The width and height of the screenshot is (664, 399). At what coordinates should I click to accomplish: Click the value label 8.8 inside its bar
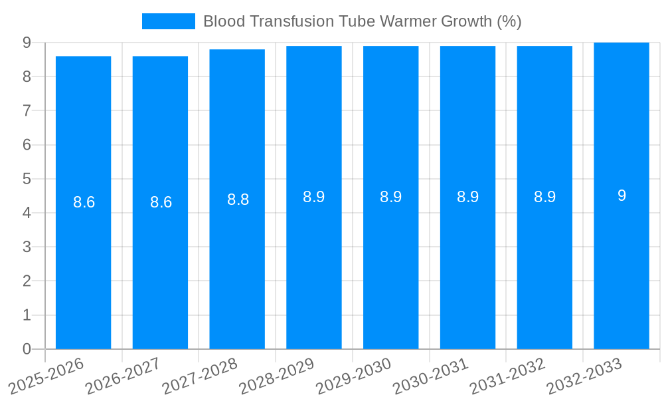click(238, 199)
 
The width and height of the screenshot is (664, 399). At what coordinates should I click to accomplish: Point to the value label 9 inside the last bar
click(622, 196)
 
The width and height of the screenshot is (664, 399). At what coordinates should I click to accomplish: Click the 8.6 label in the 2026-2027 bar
click(161, 202)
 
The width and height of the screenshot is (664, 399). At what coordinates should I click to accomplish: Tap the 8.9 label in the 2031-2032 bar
click(544, 197)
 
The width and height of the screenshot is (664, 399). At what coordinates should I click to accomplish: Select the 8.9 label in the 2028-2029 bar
click(313, 197)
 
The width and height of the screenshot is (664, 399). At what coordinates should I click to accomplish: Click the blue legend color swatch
click(169, 21)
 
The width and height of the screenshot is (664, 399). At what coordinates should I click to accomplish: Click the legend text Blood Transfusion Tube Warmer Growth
click(362, 21)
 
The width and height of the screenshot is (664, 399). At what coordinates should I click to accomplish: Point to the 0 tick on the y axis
click(27, 349)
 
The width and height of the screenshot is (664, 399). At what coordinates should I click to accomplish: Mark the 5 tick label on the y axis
click(27, 179)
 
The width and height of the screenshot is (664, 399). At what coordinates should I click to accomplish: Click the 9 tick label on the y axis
click(27, 43)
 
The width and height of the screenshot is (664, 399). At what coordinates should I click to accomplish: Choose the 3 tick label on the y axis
click(27, 247)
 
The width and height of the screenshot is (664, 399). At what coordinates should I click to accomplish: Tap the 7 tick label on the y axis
click(27, 110)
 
